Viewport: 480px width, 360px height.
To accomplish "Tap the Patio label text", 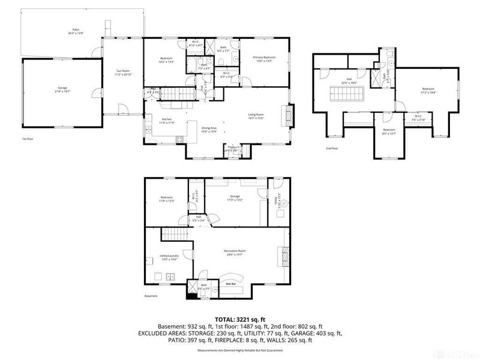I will click(x=75, y=30).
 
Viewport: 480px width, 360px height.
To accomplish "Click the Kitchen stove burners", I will click(x=178, y=140).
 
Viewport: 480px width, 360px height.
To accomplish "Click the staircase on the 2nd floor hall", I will click(x=347, y=94).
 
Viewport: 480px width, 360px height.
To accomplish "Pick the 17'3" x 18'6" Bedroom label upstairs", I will click(x=428, y=91).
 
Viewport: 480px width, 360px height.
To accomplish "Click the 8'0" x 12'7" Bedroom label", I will click(x=389, y=131).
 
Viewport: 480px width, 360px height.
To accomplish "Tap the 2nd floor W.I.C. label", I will click(x=418, y=118).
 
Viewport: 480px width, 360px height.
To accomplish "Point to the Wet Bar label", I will click(x=230, y=283).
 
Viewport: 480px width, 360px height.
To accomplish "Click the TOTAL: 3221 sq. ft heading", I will click(x=240, y=320).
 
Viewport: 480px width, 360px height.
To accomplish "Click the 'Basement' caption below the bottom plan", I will click(x=151, y=296).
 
